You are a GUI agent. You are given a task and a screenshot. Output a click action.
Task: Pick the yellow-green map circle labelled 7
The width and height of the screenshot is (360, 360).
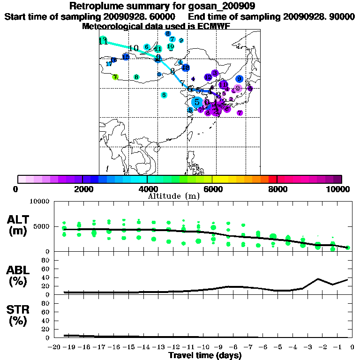115,77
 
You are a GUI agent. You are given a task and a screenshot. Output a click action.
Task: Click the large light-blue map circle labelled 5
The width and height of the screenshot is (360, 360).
197,102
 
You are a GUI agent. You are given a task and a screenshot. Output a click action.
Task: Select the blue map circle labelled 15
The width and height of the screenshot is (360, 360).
126,57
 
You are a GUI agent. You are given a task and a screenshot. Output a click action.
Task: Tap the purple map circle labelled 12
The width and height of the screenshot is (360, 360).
215,109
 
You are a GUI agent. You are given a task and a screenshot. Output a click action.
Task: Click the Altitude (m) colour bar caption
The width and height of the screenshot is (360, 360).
174,195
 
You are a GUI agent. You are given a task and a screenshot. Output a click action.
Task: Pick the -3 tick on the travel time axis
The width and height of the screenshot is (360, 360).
307,347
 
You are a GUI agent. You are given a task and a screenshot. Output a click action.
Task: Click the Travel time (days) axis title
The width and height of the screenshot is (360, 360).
205,355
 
